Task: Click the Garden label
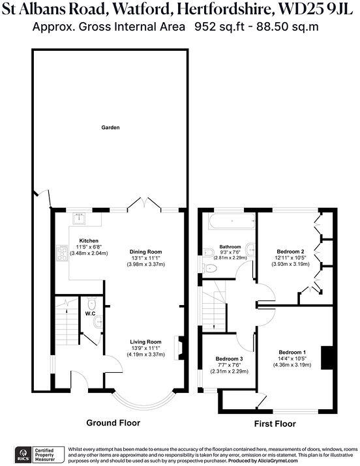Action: (x=110, y=128)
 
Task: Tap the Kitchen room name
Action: (x=89, y=240)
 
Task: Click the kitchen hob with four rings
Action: (x=63, y=251)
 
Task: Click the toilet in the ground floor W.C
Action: (x=91, y=304)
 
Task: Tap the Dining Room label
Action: (x=145, y=251)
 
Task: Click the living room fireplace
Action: (x=180, y=346)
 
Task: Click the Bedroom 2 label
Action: (x=291, y=251)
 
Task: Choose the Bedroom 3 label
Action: (x=229, y=358)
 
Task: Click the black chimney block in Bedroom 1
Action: (x=330, y=358)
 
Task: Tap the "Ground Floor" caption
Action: (x=113, y=422)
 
